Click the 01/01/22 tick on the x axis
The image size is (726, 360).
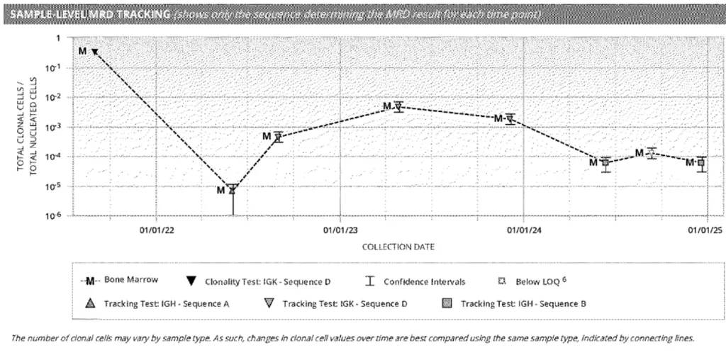pyautogui.click(x=157, y=230)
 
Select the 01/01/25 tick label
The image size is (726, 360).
pyautogui.click(x=705, y=230)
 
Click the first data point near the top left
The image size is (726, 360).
pyautogui.click(x=94, y=51)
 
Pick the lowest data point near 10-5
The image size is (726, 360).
pyautogui.click(x=232, y=189)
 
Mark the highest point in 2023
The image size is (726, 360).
pyautogui.click(x=398, y=106)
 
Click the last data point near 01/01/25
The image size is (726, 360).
pyautogui.click(x=701, y=163)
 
